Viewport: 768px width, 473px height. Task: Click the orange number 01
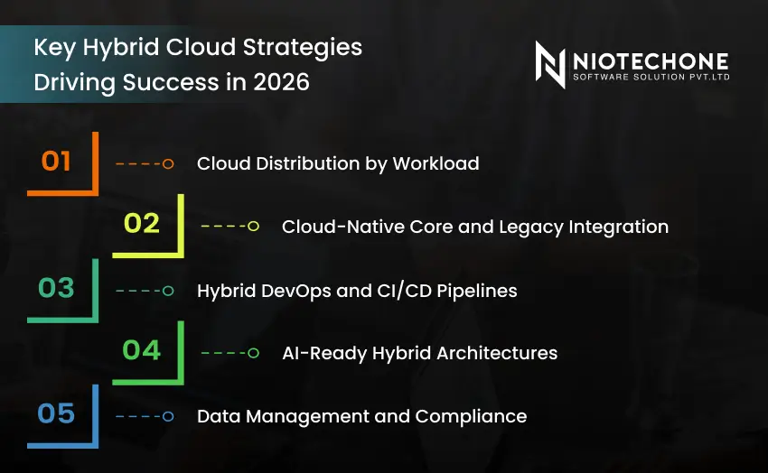56,162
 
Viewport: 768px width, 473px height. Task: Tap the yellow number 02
141,223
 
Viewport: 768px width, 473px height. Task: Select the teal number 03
56,288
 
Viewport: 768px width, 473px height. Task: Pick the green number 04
141,350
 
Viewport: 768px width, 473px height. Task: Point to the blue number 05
56,414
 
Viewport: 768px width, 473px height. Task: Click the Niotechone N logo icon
550,65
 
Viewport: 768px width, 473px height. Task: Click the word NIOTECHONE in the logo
650,60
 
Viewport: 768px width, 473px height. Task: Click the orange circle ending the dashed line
168,163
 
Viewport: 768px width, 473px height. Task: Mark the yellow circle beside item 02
253,226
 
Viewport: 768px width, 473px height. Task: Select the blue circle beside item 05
168,416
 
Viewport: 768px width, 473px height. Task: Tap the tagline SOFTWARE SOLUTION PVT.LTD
651,77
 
